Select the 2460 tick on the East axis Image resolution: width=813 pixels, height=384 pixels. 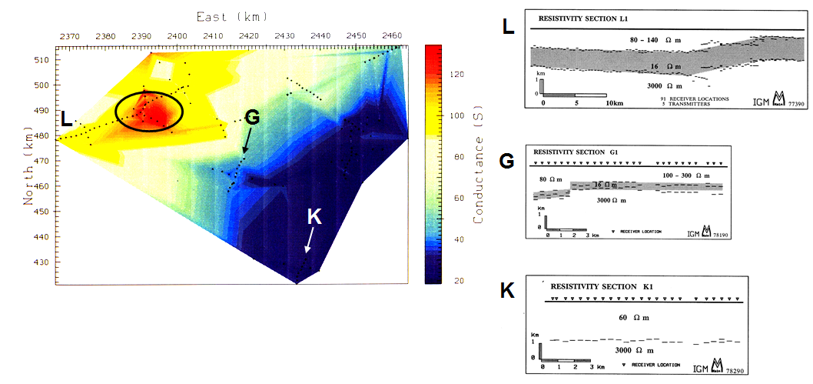(x=392, y=35)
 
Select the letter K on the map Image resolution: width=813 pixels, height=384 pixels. (x=314, y=217)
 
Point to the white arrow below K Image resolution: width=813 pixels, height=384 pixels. (x=309, y=242)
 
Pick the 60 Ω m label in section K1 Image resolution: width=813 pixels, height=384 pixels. (x=634, y=316)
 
